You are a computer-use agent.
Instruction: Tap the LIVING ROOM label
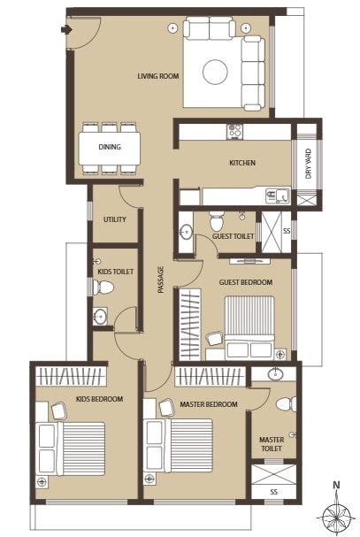coord(158,76)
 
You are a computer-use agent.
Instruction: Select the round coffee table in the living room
coord(215,70)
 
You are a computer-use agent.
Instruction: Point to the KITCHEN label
coord(242,164)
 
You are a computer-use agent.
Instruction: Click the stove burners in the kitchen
coord(234,131)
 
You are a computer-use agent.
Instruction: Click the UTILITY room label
coord(115,219)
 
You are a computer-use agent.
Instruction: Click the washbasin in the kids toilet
coord(100,317)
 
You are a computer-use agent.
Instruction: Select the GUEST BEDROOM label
coord(245,282)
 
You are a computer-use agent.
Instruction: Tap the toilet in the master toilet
coord(285,403)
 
